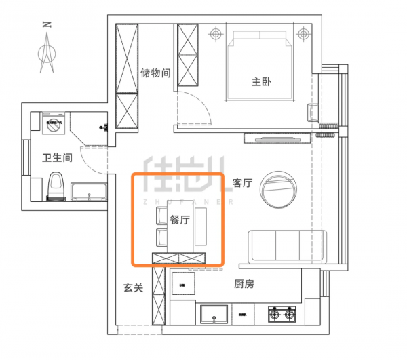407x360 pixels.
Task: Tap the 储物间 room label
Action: point(155,73)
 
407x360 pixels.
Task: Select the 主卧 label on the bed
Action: point(261,82)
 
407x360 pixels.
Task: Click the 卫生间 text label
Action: point(57,158)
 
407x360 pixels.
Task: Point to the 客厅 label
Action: point(242,183)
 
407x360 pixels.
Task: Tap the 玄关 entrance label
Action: point(133,287)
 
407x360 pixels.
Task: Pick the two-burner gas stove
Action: point(283,314)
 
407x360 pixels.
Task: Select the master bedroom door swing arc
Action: point(193,108)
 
